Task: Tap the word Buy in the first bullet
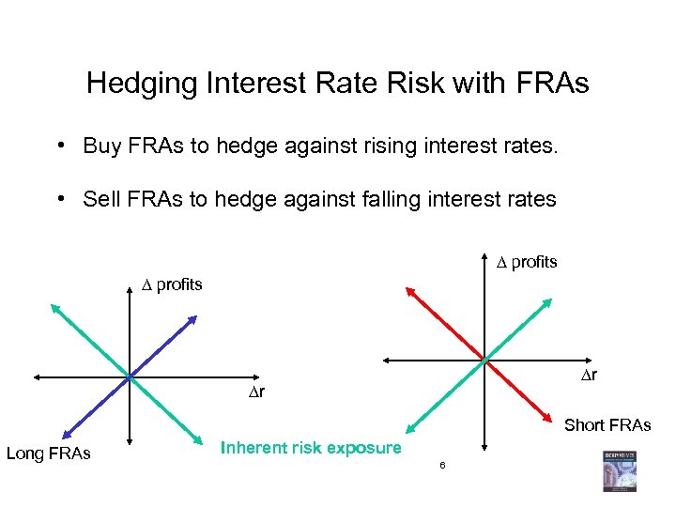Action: (x=101, y=146)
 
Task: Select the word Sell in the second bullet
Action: (x=101, y=199)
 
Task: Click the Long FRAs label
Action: (x=49, y=454)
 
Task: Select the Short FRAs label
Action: (x=607, y=425)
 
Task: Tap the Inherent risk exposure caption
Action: (x=311, y=448)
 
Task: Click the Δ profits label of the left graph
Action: (x=172, y=284)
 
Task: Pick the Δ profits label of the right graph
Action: (x=527, y=262)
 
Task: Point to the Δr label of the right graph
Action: (x=588, y=376)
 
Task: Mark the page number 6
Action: (x=441, y=466)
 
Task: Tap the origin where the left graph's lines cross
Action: (x=129, y=376)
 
